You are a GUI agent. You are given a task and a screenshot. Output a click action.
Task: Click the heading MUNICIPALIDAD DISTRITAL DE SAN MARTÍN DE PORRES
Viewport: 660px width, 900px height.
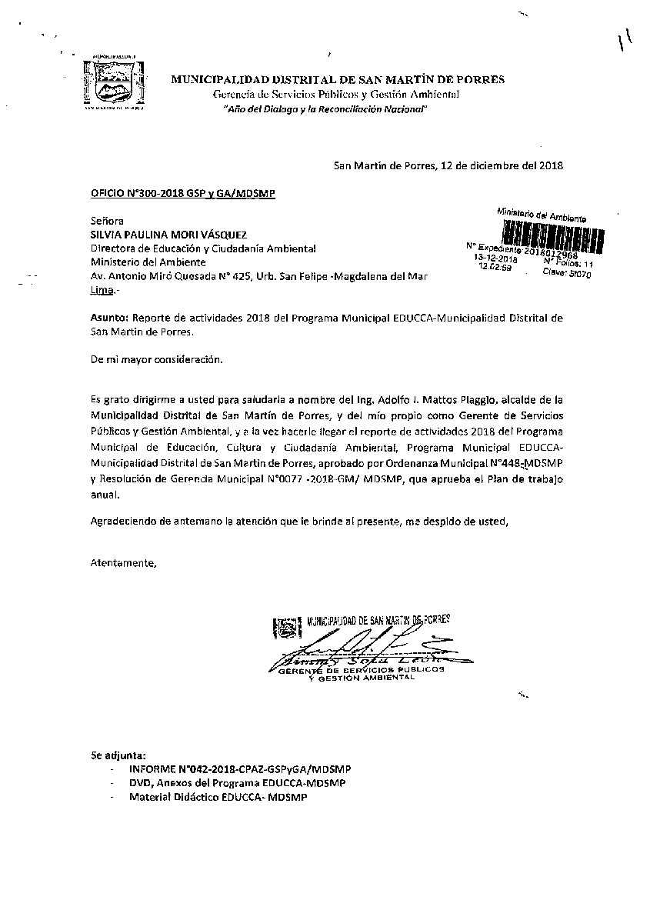tap(338, 79)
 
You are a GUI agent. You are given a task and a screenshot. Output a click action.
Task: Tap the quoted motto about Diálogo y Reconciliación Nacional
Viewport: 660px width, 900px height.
tap(324, 110)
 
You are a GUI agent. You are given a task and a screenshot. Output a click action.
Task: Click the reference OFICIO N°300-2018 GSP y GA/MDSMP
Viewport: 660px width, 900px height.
tap(182, 193)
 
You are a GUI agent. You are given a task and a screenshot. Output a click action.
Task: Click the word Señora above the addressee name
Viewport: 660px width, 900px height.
tap(106, 221)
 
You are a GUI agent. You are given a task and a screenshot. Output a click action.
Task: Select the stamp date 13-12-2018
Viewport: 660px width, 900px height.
tap(496, 260)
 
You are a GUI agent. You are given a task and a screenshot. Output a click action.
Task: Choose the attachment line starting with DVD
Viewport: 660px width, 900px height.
tap(238, 783)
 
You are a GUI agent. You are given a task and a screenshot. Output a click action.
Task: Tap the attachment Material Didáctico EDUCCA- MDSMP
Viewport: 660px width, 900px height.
tap(218, 798)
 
